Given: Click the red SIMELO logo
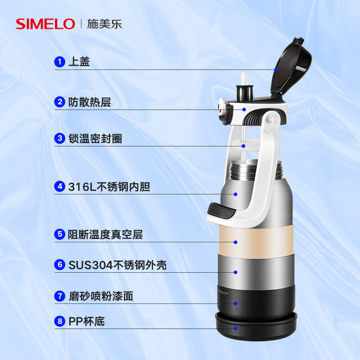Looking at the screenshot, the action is click(46, 24).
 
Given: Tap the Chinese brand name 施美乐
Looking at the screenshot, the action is click(104, 24).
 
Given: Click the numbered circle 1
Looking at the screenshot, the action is click(60, 61).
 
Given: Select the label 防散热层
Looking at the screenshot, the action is click(89, 102).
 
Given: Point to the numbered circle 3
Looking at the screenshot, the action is click(60, 138).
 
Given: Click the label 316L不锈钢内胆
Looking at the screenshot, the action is click(109, 187).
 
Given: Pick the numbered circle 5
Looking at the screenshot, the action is click(60, 234).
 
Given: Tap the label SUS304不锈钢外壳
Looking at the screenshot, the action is click(118, 265).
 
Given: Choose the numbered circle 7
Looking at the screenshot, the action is click(60, 296).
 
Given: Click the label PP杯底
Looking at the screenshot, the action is click(87, 321).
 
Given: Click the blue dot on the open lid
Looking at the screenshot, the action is click(276, 70).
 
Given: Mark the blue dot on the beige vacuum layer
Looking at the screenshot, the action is click(236, 242).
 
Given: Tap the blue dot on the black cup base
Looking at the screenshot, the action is click(236, 328).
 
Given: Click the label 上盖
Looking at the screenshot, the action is click(79, 61).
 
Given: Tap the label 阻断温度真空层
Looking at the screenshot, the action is click(105, 235).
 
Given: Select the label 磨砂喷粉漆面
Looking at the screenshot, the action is click(101, 296).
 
